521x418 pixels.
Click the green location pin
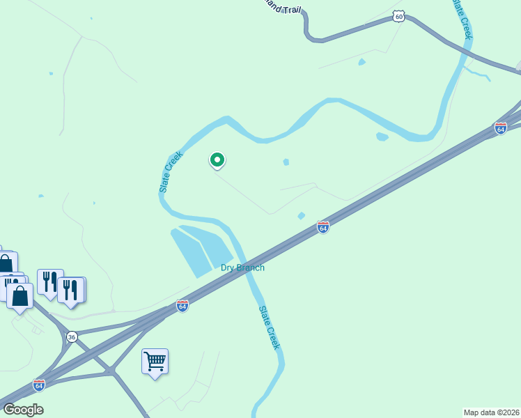coord(217,161)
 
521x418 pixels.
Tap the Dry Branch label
coord(242,268)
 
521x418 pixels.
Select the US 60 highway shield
coord(398,15)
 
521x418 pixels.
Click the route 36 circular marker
coord(72,337)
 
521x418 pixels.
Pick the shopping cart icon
coord(155,362)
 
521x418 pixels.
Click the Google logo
coord(22,410)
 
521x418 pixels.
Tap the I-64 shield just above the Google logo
coord(39,385)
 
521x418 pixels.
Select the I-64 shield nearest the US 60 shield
coord(500,128)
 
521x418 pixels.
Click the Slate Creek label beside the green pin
coord(171,171)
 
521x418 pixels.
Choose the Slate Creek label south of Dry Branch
coord(269,327)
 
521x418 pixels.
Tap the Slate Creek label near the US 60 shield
coord(462,19)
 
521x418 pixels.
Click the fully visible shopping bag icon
coord(20,296)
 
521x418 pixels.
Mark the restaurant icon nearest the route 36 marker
coord(71,289)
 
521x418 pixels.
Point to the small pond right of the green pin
coord(286,162)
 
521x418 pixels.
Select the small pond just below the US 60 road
coord(361,63)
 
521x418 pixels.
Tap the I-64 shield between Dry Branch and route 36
coord(182,306)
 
